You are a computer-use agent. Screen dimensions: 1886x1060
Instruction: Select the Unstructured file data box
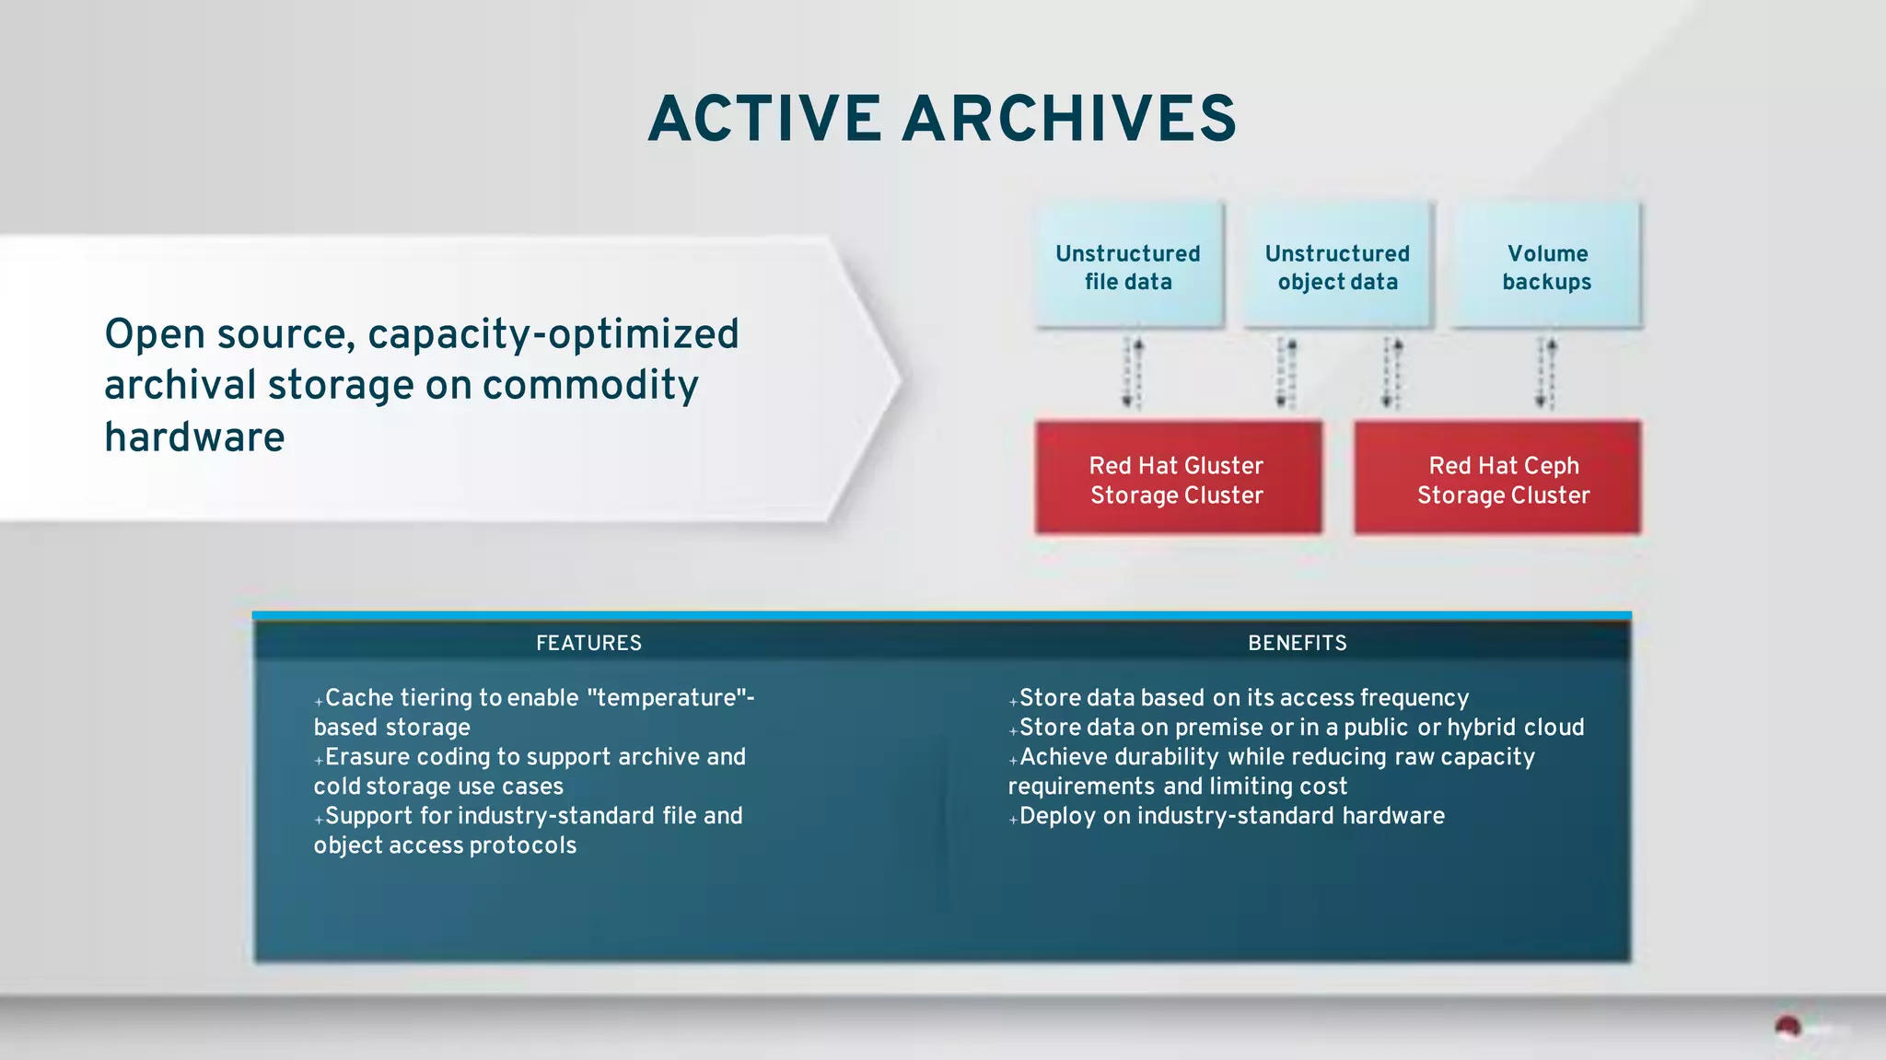pyautogui.click(x=1128, y=266)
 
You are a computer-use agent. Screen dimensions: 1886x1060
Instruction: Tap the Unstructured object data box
pyautogui.click(x=1337, y=266)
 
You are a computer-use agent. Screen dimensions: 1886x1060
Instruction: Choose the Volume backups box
pyautogui.click(x=1547, y=266)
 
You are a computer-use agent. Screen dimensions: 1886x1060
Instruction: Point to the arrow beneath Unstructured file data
pyautogui.click(x=1132, y=373)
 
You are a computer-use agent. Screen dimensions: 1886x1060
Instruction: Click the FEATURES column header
pyautogui.click(x=588, y=643)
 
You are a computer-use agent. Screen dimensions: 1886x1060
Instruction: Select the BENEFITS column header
pyautogui.click(x=1297, y=643)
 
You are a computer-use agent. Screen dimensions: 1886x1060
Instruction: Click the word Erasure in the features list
pyautogui.click(x=367, y=757)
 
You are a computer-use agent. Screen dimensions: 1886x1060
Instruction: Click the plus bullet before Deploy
pyautogui.click(x=1013, y=819)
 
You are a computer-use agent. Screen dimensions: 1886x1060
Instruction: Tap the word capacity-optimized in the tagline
pyautogui.click(x=553, y=334)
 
